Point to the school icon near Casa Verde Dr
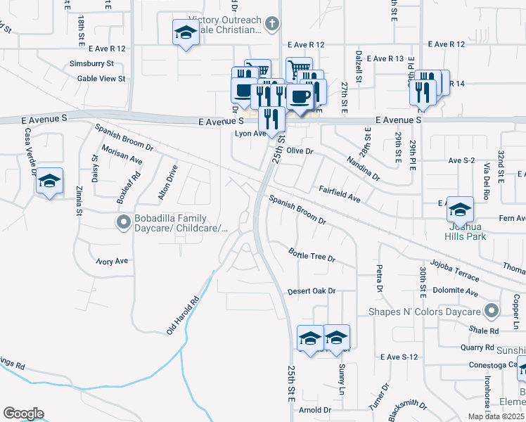[x=49, y=183]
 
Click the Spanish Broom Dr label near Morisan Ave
[x=125, y=138]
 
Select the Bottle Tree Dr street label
[x=312, y=255]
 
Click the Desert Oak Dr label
[x=312, y=291]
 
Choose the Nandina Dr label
[x=363, y=168]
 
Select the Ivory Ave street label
[x=113, y=261]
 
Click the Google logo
[x=23, y=414]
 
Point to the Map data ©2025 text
[x=495, y=416]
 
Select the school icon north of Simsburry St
[x=186, y=33]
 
